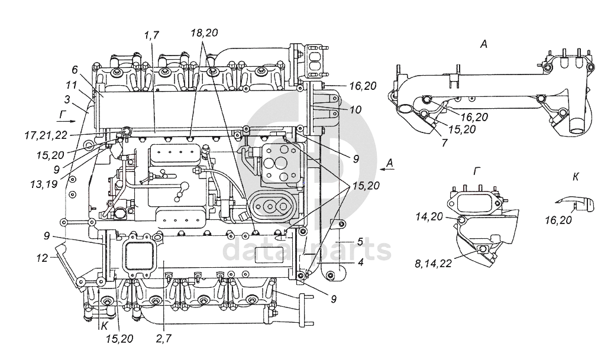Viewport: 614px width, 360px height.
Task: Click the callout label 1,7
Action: point(151,35)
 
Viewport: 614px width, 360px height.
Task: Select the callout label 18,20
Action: point(205,33)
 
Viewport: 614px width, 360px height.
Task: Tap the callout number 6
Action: point(75,70)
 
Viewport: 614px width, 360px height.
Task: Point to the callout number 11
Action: point(71,85)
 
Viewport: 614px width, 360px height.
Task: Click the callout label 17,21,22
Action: point(46,135)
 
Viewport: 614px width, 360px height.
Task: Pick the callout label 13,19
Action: point(44,183)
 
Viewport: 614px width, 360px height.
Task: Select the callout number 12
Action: point(42,258)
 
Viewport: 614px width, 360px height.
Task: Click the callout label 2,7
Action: point(164,338)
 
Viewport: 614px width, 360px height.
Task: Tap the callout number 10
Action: point(355,109)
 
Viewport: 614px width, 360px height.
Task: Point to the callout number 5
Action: point(360,241)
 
